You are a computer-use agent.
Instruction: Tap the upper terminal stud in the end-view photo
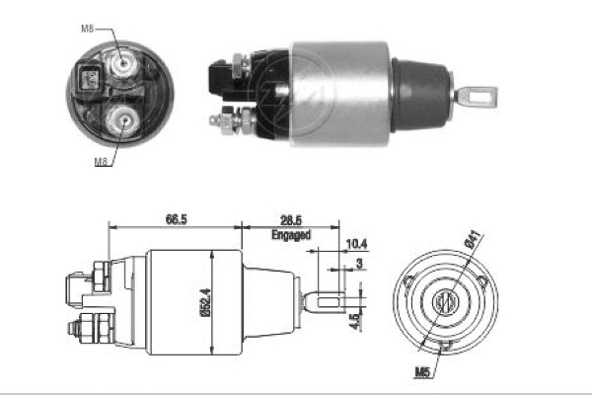[x=123, y=66]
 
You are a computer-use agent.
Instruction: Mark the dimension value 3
[x=359, y=263]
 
